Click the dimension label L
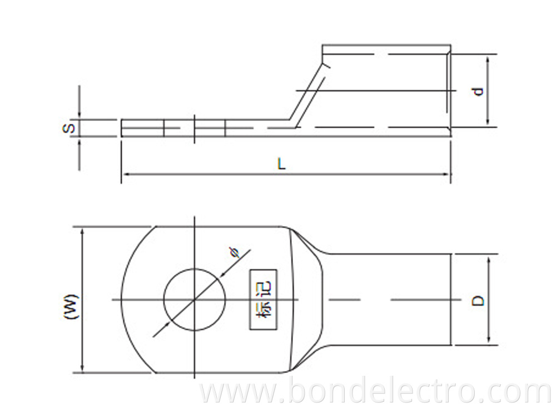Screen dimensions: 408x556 tap(282, 164)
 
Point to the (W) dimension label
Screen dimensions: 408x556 tap(72, 306)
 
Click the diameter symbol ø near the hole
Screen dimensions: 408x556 tap(235, 253)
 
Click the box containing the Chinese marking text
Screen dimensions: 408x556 tap(263, 300)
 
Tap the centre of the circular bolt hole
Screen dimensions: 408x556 tap(194, 300)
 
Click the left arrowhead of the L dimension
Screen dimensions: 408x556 tap(124, 174)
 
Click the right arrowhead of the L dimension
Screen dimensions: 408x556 tap(448, 174)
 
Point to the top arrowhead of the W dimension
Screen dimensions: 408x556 tap(83, 230)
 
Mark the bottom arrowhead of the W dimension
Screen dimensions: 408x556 tap(83, 370)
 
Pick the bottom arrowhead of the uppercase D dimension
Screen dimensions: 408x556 tap(489, 341)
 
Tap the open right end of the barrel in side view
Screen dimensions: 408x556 tap(449, 91)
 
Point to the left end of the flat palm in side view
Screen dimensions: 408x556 tap(122, 128)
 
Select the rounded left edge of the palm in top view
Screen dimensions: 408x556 tap(123, 300)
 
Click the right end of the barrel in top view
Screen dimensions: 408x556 tap(451, 300)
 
